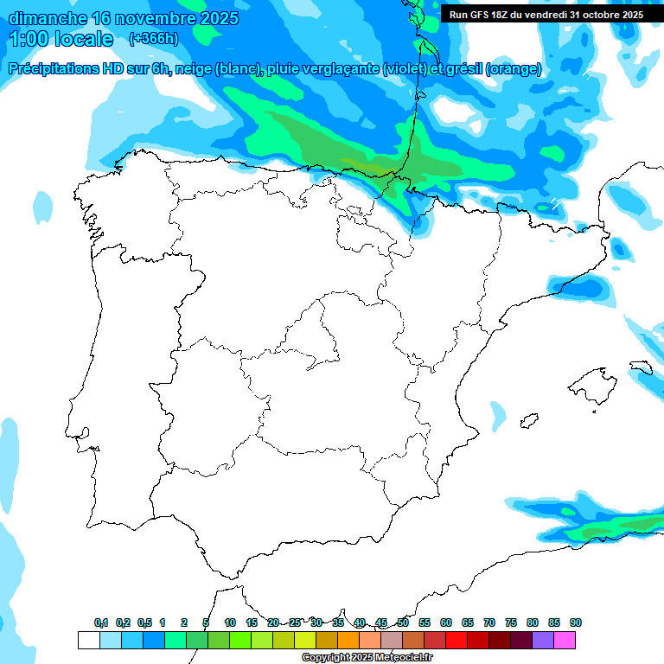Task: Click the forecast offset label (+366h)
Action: pyautogui.click(x=154, y=39)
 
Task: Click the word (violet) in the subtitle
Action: pyautogui.click(x=412, y=69)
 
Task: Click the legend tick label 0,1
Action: pyautogui.click(x=101, y=622)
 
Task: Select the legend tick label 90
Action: pyautogui.click(x=575, y=622)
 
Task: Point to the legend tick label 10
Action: pyautogui.click(x=230, y=622)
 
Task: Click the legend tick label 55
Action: pyautogui.click(x=425, y=622)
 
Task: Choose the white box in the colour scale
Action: pyautogui.click(x=88, y=640)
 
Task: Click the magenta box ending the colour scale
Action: pyautogui.click(x=565, y=640)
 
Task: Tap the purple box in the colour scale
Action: pyautogui.click(x=543, y=640)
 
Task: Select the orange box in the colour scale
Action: pyautogui.click(x=348, y=640)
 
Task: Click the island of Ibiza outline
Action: pyautogui.click(x=529, y=420)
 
